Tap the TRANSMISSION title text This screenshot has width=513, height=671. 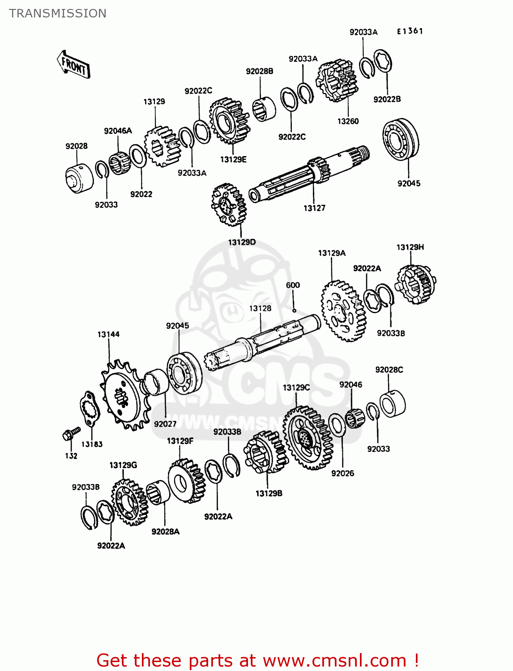pos(58,13)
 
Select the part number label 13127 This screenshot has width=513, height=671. pos(314,208)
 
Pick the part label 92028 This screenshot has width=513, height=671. pos(77,146)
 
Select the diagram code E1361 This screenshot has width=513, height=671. pos(410,31)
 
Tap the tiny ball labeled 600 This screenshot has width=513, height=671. pos(294,310)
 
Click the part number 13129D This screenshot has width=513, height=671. pos(242,242)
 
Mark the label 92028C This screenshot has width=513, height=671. pos(389,370)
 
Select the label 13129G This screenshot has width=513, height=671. pos(123,465)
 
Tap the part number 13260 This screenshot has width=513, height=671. pos(348,121)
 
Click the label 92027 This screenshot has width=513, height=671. pos(165,424)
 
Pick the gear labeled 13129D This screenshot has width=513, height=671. pos(228,204)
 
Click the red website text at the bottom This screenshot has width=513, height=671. pos(257,660)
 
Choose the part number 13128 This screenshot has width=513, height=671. pos(260,309)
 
